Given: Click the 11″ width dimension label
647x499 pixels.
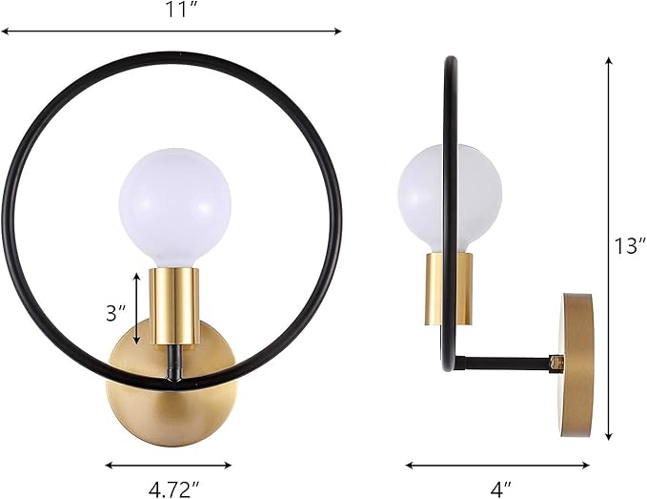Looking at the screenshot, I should tap(172, 10).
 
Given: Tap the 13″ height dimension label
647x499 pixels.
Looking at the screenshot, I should tap(629, 245).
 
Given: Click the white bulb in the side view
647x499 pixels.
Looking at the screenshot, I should tap(450, 196).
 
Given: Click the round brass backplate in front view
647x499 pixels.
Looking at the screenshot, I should tap(172, 391).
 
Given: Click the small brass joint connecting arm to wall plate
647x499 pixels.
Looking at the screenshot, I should tap(556, 363).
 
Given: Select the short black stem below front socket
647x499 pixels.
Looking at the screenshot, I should tap(172, 363).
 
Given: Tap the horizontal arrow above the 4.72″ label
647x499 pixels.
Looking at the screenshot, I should tap(168, 466).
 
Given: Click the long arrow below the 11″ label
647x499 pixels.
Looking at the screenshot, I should tap(172, 31).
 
